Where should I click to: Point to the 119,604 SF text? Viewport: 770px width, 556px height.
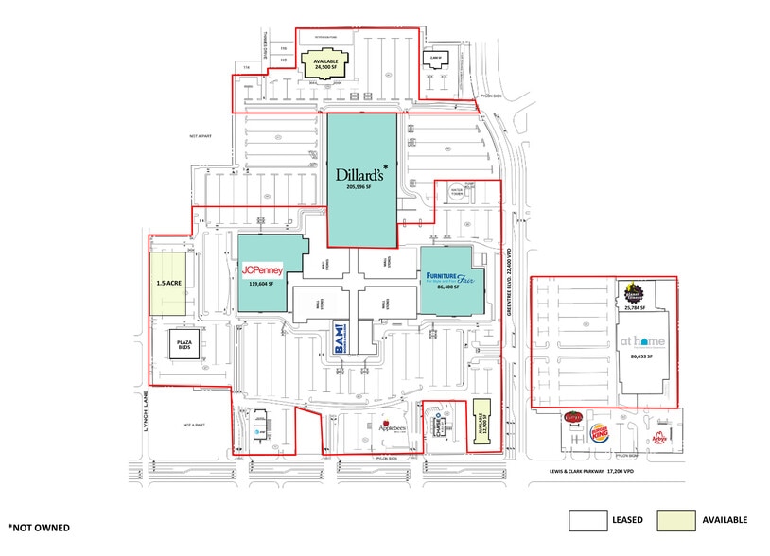point(261,283)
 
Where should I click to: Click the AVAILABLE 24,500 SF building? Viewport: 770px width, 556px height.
point(324,64)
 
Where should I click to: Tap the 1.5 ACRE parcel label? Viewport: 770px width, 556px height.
point(167,282)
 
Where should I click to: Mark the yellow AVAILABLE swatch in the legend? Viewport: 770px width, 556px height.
point(672,520)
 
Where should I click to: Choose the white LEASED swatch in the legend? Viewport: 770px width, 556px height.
point(586,520)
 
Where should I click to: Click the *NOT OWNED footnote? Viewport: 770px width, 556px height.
point(40,527)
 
